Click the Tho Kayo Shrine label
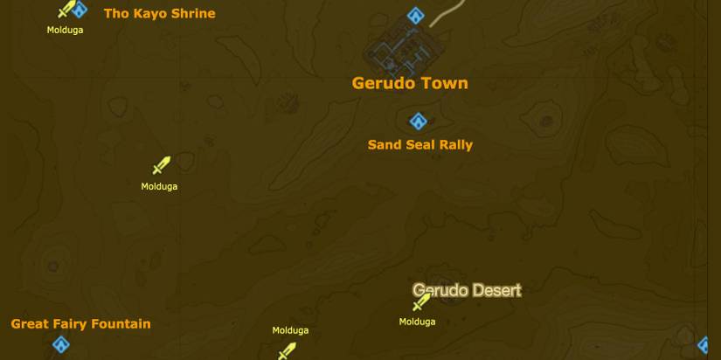coord(159,13)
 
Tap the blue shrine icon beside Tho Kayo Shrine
coord(80,10)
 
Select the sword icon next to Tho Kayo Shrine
coord(66,10)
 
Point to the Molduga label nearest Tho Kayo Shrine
coord(65,30)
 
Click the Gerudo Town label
coord(410,83)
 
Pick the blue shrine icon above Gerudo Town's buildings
coord(416,16)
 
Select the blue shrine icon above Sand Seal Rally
coord(418,121)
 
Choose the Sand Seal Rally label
coord(419,145)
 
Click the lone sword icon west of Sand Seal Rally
coord(161,165)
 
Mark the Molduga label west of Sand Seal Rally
coord(159,186)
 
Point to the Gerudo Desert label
coord(468,290)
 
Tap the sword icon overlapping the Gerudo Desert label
coord(421,302)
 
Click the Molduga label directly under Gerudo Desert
coord(417,322)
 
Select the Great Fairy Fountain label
coord(80,323)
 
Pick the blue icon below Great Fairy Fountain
coord(59,345)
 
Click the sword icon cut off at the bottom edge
coord(287,351)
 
